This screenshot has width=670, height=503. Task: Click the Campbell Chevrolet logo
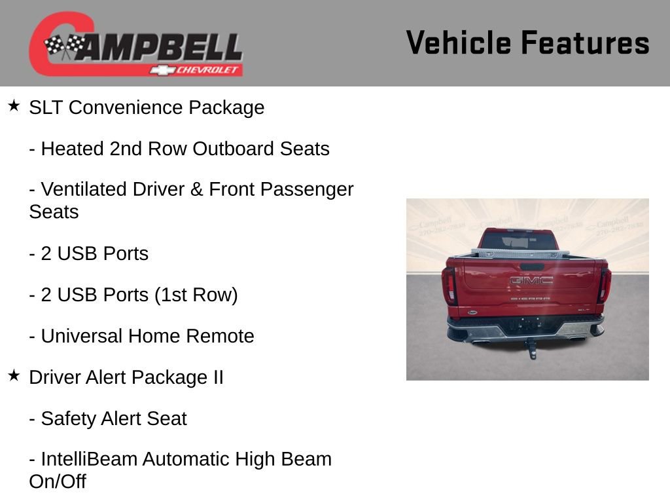[135, 45]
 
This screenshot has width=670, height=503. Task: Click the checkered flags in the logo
[64, 46]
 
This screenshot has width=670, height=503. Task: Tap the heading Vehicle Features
[527, 43]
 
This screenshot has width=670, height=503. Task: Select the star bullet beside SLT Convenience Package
[14, 105]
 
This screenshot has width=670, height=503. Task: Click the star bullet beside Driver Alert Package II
[14, 375]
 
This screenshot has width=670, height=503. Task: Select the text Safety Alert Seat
[114, 419]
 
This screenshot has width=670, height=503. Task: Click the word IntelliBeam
[89, 459]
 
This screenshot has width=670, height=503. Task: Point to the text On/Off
[58, 481]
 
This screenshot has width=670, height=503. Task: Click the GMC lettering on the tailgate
[531, 280]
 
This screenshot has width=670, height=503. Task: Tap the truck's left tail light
[450, 285]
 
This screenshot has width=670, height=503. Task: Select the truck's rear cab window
[527, 240]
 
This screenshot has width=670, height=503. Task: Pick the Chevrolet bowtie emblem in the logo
[161, 70]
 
